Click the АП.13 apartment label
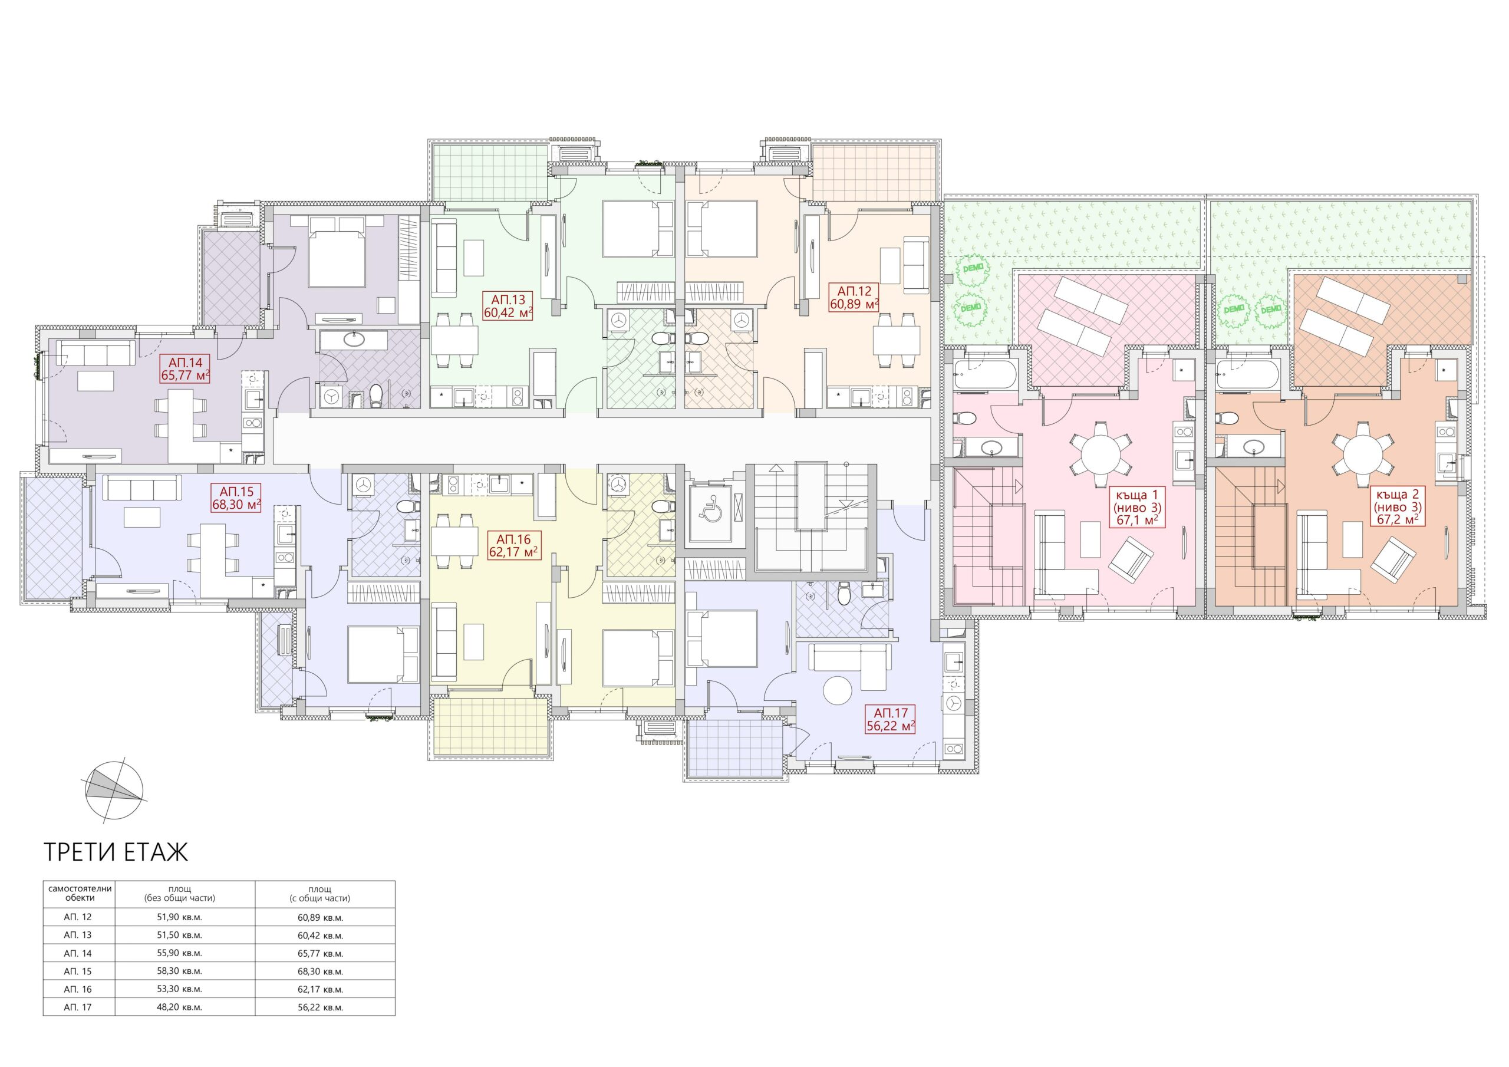(x=508, y=299)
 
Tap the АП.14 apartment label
(x=185, y=361)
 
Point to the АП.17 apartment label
(x=891, y=713)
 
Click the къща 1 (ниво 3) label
(x=1137, y=500)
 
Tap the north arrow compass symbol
(x=113, y=789)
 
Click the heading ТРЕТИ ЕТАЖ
(x=116, y=852)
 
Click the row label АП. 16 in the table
(x=78, y=989)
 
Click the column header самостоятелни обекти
(x=80, y=893)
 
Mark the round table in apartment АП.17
(x=837, y=691)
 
